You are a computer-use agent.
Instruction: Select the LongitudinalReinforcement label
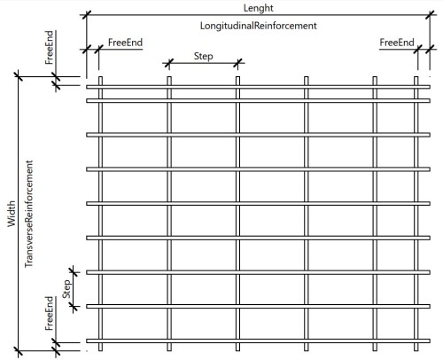(x=259, y=26)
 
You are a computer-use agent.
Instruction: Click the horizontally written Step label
(x=203, y=56)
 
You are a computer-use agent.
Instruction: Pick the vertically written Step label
(x=65, y=286)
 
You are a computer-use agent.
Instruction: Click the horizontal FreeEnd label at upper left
(x=124, y=43)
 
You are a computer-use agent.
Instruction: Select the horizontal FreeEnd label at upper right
(x=396, y=43)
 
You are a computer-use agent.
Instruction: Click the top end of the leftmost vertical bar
(x=100, y=79)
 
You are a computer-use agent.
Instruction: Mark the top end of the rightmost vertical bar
(x=416, y=79)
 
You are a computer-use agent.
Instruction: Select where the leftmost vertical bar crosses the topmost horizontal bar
(x=100, y=86)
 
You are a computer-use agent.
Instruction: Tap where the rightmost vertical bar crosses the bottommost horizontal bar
(x=416, y=341)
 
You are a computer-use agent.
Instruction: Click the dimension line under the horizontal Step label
(x=203, y=65)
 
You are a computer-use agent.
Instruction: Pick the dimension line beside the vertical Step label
(x=74, y=286)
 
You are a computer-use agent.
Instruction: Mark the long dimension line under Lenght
(x=257, y=15)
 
